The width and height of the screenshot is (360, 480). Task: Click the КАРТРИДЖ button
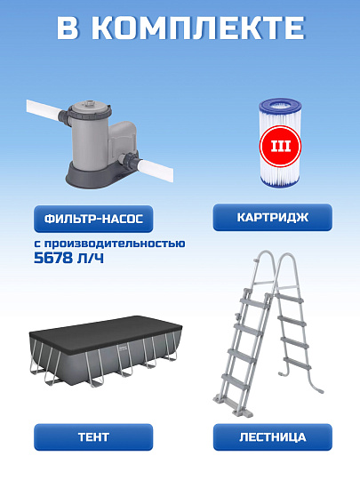click(272, 217)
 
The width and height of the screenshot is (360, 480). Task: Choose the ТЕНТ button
click(93, 436)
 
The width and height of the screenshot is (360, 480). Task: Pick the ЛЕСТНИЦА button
click(272, 436)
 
